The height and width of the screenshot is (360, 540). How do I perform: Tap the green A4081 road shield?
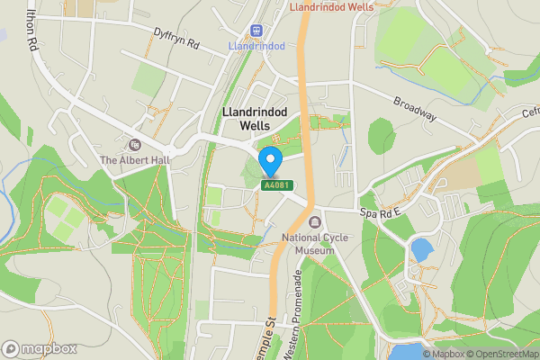277,185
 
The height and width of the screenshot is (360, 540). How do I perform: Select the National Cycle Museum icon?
314,222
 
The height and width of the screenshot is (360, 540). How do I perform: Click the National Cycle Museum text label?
309,244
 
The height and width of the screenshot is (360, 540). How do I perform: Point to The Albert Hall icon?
135,144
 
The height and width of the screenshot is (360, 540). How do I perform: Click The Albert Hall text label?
135,160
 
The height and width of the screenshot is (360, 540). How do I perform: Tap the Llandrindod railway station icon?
257,30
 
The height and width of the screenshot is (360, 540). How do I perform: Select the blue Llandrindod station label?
257,46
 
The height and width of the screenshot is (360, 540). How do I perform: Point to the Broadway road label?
414,107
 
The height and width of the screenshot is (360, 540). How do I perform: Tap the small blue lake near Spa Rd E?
419,248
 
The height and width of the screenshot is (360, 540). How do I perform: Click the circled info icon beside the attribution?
427,354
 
